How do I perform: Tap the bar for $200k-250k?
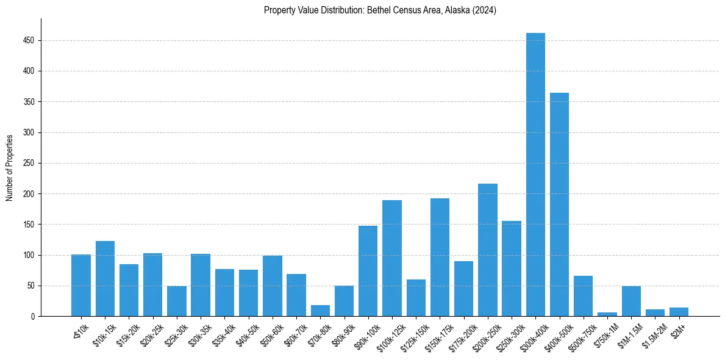pos(488,250)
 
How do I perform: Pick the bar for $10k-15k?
pos(105,279)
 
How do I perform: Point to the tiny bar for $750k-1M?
pos(607,314)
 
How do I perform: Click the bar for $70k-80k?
pos(320,311)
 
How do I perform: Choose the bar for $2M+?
pos(679,312)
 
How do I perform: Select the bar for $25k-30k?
pos(177,301)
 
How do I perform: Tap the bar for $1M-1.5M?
pos(631,301)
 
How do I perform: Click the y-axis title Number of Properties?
pos(10,167)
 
